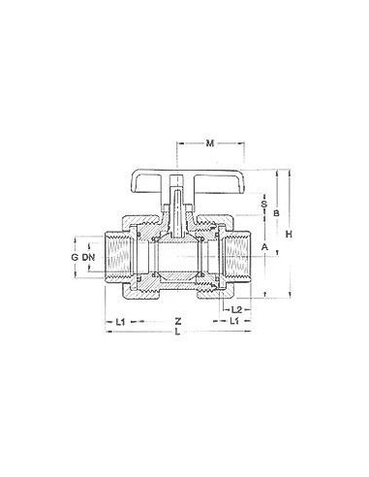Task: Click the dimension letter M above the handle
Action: pos(210,145)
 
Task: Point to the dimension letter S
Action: pos(264,205)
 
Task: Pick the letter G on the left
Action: pos(75,258)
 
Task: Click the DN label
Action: pos(89,258)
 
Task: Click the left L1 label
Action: pos(120,320)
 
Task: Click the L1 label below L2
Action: pos(236,320)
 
